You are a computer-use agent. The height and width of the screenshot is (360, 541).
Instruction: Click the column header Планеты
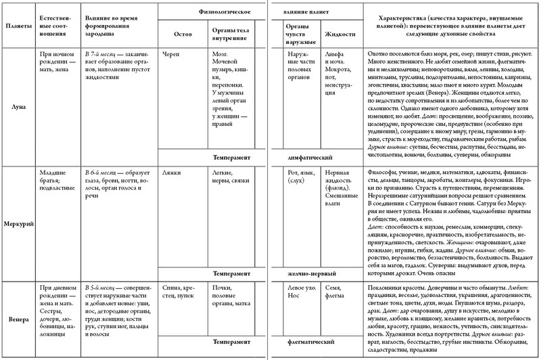tap(18, 26)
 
